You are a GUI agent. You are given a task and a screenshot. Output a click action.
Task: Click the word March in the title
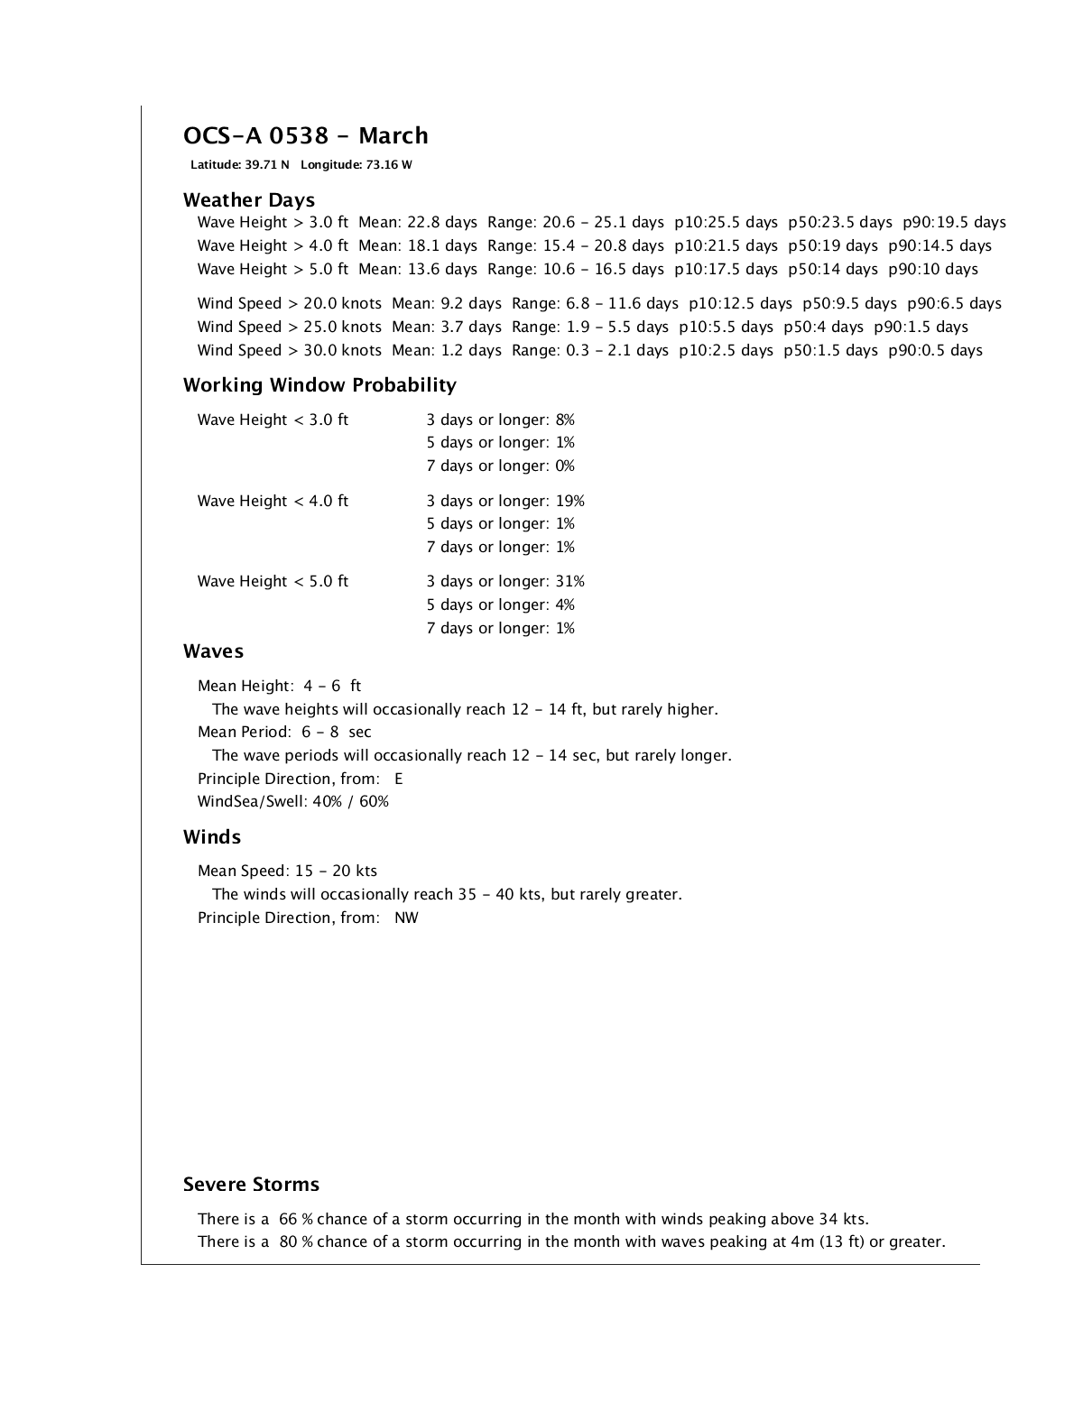[x=393, y=136]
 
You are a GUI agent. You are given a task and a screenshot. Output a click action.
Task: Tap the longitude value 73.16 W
[x=389, y=165]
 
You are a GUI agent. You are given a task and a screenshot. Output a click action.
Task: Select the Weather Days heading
[x=249, y=200]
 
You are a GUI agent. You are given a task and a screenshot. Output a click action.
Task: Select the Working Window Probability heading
[x=319, y=385]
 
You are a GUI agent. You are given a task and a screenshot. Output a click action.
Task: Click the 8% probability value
[x=565, y=420]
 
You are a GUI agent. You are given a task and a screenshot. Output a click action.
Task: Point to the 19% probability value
[x=569, y=502]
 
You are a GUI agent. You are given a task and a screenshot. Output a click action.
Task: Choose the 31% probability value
[x=569, y=582]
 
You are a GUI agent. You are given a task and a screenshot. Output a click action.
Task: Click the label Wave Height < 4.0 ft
[x=273, y=502]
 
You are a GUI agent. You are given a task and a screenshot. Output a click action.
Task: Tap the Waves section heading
[x=213, y=651]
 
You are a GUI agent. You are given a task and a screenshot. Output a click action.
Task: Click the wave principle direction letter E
[x=399, y=780]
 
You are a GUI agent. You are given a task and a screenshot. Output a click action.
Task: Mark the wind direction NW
[x=406, y=918]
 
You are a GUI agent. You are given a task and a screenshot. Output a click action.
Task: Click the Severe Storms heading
[x=251, y=1185]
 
